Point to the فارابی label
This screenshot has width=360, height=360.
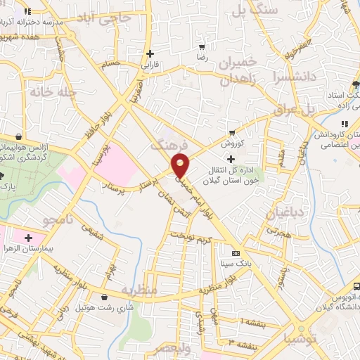[x=151, y=65]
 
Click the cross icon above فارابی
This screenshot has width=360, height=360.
[x=150, y=53]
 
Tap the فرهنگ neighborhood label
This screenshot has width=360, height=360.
[x=169, y=144]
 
